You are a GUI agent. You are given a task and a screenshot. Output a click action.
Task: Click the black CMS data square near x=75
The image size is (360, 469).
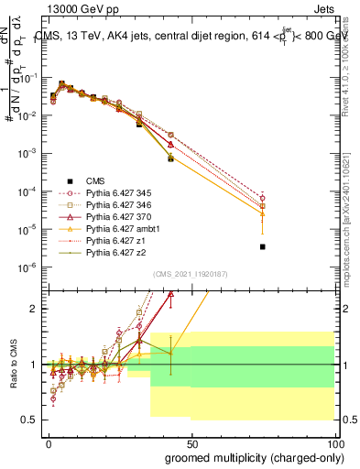click(x=262, y=247)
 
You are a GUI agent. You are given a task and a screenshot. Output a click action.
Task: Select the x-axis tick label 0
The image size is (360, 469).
click(x=49, y=442)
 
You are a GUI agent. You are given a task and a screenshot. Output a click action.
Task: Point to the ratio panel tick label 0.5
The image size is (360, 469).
click(x=33, y=420)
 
